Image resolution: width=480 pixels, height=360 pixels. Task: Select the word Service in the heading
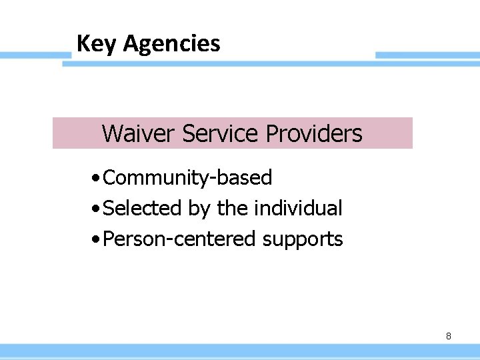(x=221, y=134)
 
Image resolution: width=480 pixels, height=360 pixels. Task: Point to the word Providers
(x=314, y=134)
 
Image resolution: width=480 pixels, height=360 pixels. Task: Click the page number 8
(x=448, y=337)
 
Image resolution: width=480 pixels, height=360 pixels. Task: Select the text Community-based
(x=189, y=178)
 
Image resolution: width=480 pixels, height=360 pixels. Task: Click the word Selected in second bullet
(x=143, y=209)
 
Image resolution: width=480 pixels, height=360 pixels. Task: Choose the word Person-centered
(x=180, y=239)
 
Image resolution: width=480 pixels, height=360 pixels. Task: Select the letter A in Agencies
(x=131, y=44)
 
